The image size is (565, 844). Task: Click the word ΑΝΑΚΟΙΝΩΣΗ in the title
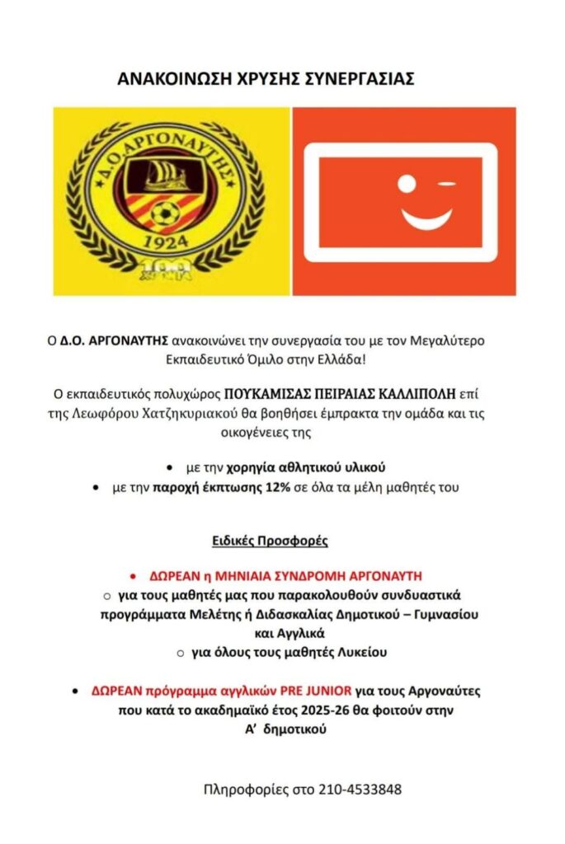coord(166,79)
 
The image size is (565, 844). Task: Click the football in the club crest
coord(166,213)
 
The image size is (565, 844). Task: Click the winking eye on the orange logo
coord(446,181)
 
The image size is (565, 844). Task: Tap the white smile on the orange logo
coord(426,218)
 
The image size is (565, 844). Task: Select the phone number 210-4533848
coord(360,790)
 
